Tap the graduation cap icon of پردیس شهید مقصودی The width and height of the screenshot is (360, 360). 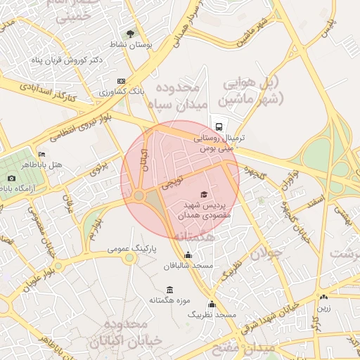tap(204, 194)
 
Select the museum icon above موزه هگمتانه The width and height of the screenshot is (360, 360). tap(169, 289)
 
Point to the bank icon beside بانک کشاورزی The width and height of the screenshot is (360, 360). tap(121, 81)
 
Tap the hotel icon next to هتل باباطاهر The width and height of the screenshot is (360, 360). tap(42, 155)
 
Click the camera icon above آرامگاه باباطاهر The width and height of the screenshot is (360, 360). tap(11, 179)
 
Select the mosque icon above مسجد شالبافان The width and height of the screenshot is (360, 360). tap(188, 255)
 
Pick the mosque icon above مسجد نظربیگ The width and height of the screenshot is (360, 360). tap(212, 304)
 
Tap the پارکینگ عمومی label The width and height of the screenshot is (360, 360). tap(132, 249)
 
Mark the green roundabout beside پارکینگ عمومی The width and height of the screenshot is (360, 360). tap(129, 258)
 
